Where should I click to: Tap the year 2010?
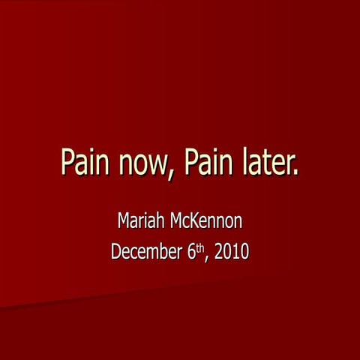(x=232, y=252)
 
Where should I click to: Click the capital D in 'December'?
(x=116, y=252)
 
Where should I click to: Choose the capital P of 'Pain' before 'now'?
(x=67, y=163)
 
